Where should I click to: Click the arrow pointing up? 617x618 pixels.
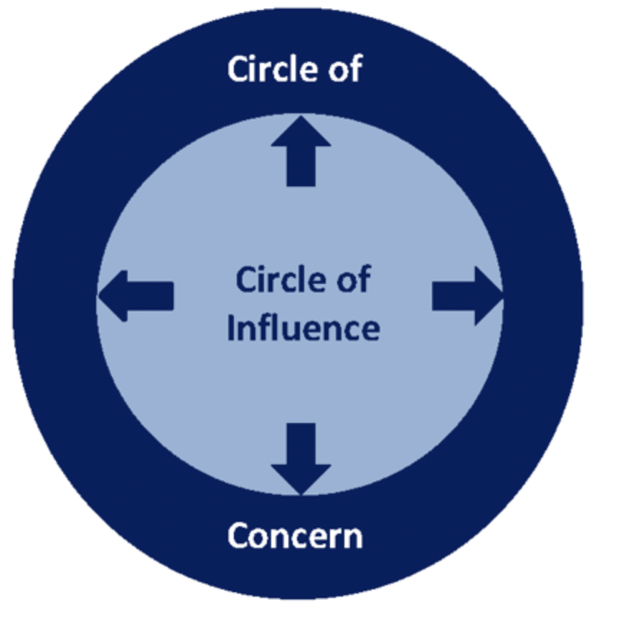301,151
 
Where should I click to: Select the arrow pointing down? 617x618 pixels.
301,459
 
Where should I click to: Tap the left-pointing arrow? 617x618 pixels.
136,296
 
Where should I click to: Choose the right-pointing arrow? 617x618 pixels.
468,296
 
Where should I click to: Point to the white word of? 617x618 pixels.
346,69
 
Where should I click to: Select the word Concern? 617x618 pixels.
295,536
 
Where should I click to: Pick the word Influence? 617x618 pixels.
303,327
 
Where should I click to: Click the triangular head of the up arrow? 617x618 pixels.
301,131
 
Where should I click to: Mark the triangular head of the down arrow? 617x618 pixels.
301,480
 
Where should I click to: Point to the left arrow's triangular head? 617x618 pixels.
113,296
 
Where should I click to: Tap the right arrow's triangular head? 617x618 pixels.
489,296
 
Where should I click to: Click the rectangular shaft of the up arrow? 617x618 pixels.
301,166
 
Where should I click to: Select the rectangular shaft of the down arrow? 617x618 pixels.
301,444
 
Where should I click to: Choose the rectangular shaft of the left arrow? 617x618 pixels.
151,296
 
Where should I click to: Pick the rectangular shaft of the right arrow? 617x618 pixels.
453,296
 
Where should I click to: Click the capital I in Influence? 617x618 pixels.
230,327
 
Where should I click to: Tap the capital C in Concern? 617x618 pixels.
239,536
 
